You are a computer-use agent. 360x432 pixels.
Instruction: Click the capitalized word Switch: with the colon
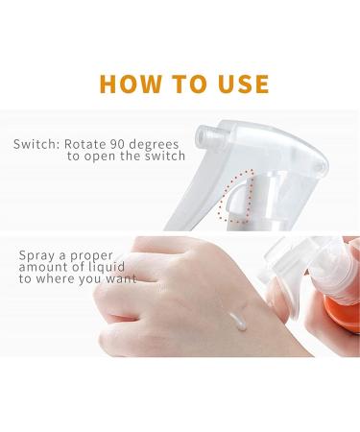click(x=36, y=145)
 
